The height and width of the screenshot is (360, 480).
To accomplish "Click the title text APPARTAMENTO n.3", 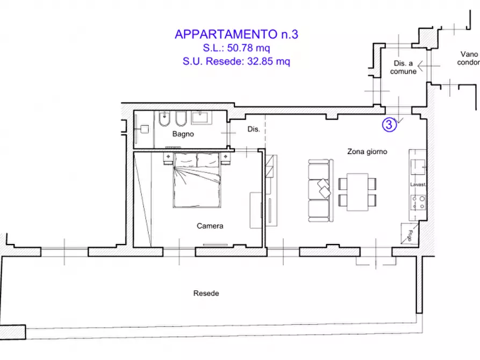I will (237, 34).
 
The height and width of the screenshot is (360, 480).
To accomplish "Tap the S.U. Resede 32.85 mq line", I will (237, 61).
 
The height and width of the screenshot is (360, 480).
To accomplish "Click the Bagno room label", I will (183, 134).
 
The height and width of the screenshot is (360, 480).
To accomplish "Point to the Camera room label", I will (210, 226).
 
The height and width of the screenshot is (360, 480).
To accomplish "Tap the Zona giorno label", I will (367, 152).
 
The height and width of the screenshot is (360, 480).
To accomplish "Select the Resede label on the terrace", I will (206, 293).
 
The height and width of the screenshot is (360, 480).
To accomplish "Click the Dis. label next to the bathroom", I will (253, 129).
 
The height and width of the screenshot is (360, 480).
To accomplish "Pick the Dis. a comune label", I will (403, 68).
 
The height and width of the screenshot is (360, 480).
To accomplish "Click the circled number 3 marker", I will (389, 125).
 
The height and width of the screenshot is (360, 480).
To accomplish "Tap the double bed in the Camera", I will (196, 181).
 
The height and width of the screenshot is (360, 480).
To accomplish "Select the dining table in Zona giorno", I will (357, 192).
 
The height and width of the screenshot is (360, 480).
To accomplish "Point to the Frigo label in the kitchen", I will (411, 234).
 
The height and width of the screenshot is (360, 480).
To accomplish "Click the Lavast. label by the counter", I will (418, 184).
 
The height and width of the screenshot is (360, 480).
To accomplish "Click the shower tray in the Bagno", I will (144, 129).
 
